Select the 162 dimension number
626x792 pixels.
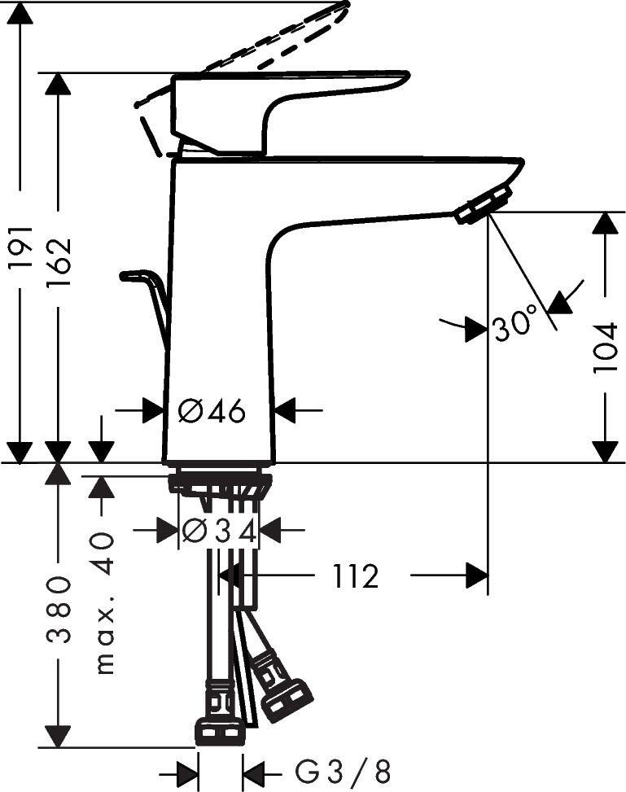[x=59, y=260]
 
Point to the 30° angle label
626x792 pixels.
[x=516, y=326]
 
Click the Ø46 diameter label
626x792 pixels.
[x=212, y=412]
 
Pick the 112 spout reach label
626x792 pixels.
[x=356, y=577]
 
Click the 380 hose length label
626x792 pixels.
[x=59, y=610]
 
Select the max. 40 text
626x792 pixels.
[x=103, y=603]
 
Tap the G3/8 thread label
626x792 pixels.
[x=342, y=771]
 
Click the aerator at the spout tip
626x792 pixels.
[x=484, y=203]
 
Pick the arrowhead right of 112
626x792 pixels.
[x=476, y=576]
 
